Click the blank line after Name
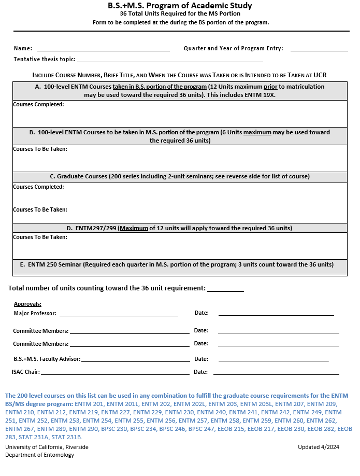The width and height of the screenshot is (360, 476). (x=103, y=50)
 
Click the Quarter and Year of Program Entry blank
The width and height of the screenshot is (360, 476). (x=319, y=50)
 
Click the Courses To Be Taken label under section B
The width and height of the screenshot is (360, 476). (x=40, y=149)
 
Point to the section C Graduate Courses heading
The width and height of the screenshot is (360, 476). (x=180, y=177)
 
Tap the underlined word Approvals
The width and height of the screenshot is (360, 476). (x=27, y=304)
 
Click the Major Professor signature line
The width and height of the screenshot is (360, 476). (x=119, y=314)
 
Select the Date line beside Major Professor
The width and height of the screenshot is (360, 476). (x=276, y=314)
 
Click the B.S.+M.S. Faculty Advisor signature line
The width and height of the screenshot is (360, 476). (x=136, y=360)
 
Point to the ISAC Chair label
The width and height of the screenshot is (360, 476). (x=26, y=372)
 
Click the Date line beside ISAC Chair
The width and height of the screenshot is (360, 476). (x=276, y=373)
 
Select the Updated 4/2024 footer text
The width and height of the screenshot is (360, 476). (x=319, y=447)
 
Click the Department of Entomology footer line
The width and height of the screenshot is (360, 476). (x=40, y=455)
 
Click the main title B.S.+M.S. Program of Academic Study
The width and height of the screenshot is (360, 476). (x=180, y=6)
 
